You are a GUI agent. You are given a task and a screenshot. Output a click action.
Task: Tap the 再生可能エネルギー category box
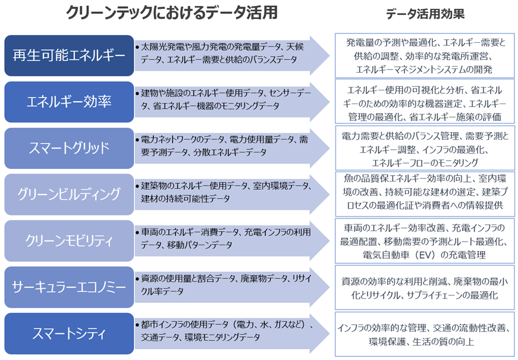(x=69, y=55)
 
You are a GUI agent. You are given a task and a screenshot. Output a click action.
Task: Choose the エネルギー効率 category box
(x=69, y=102)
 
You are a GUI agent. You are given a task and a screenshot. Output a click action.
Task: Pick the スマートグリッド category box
(x=69, y=148)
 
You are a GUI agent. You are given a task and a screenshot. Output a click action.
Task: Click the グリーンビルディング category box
(x=69, y=195)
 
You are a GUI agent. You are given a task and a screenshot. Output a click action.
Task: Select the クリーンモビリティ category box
(x=69, y=241)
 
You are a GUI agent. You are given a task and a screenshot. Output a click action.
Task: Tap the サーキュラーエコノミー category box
(x=69, y=287)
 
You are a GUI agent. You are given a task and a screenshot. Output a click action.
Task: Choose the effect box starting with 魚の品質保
(x=425, y=195)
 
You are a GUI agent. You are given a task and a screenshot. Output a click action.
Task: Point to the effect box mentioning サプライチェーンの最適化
(x=425, y=287)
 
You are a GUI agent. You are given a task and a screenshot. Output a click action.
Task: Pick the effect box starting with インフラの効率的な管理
(x=425, y=334)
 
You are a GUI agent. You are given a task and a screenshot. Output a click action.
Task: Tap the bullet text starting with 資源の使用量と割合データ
(x=222, y=286)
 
